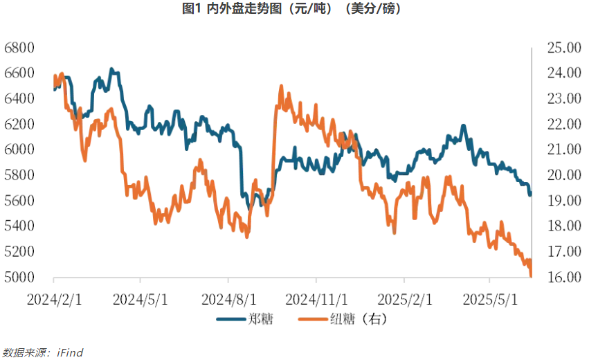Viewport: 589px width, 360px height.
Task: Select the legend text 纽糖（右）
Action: (357, 320)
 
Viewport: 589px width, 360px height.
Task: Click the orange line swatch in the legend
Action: (314, 320)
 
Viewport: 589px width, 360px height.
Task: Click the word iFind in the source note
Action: (69, 353)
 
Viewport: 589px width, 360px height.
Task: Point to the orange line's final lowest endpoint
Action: (531, 277)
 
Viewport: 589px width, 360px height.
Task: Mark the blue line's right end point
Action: (530, 195)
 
